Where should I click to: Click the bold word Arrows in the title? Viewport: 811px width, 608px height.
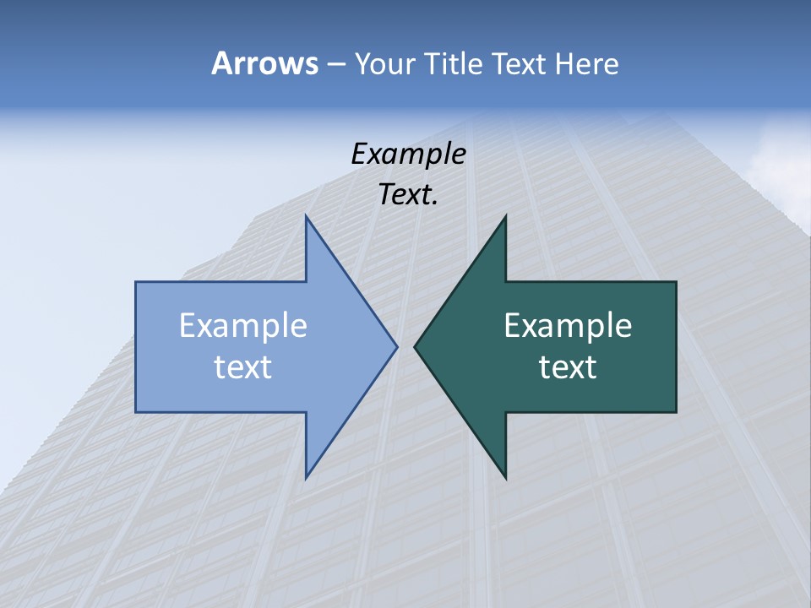pyautogui.click(x=264, y=63)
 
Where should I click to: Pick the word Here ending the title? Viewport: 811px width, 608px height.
pyautogui.click(x=586, y=63)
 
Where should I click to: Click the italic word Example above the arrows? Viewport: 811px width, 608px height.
pyautogui.click(x=408, y=154)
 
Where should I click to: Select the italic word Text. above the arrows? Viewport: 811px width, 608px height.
pyautogui.click(x=408, y=194)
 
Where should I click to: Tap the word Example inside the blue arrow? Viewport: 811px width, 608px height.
pyautogui.click(x=243, y=325)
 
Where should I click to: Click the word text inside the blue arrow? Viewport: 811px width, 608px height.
pyautogui.click(x=243, y=366)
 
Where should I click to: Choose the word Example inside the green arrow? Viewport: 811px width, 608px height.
pyautogui.click(x=568, y=325)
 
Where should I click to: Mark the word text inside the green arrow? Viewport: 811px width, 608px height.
pyautogui.click(x=568, y=366)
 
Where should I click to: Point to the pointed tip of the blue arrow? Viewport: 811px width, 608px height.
pyautogui.click(x=396, y=346)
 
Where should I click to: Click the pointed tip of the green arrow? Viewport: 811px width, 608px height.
pyautogui.click(x=415, y=346)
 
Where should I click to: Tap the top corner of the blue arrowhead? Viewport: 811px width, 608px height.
pyautogui.click(x=306, y=216)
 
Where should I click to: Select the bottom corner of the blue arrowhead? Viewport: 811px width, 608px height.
pyautogui.click(x=306, y=477)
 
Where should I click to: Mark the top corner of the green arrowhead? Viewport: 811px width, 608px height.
pyautogui.click(x=505, y=216)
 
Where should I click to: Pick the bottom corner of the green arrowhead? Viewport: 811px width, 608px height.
pyautogui.click(x=505, y=477)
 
